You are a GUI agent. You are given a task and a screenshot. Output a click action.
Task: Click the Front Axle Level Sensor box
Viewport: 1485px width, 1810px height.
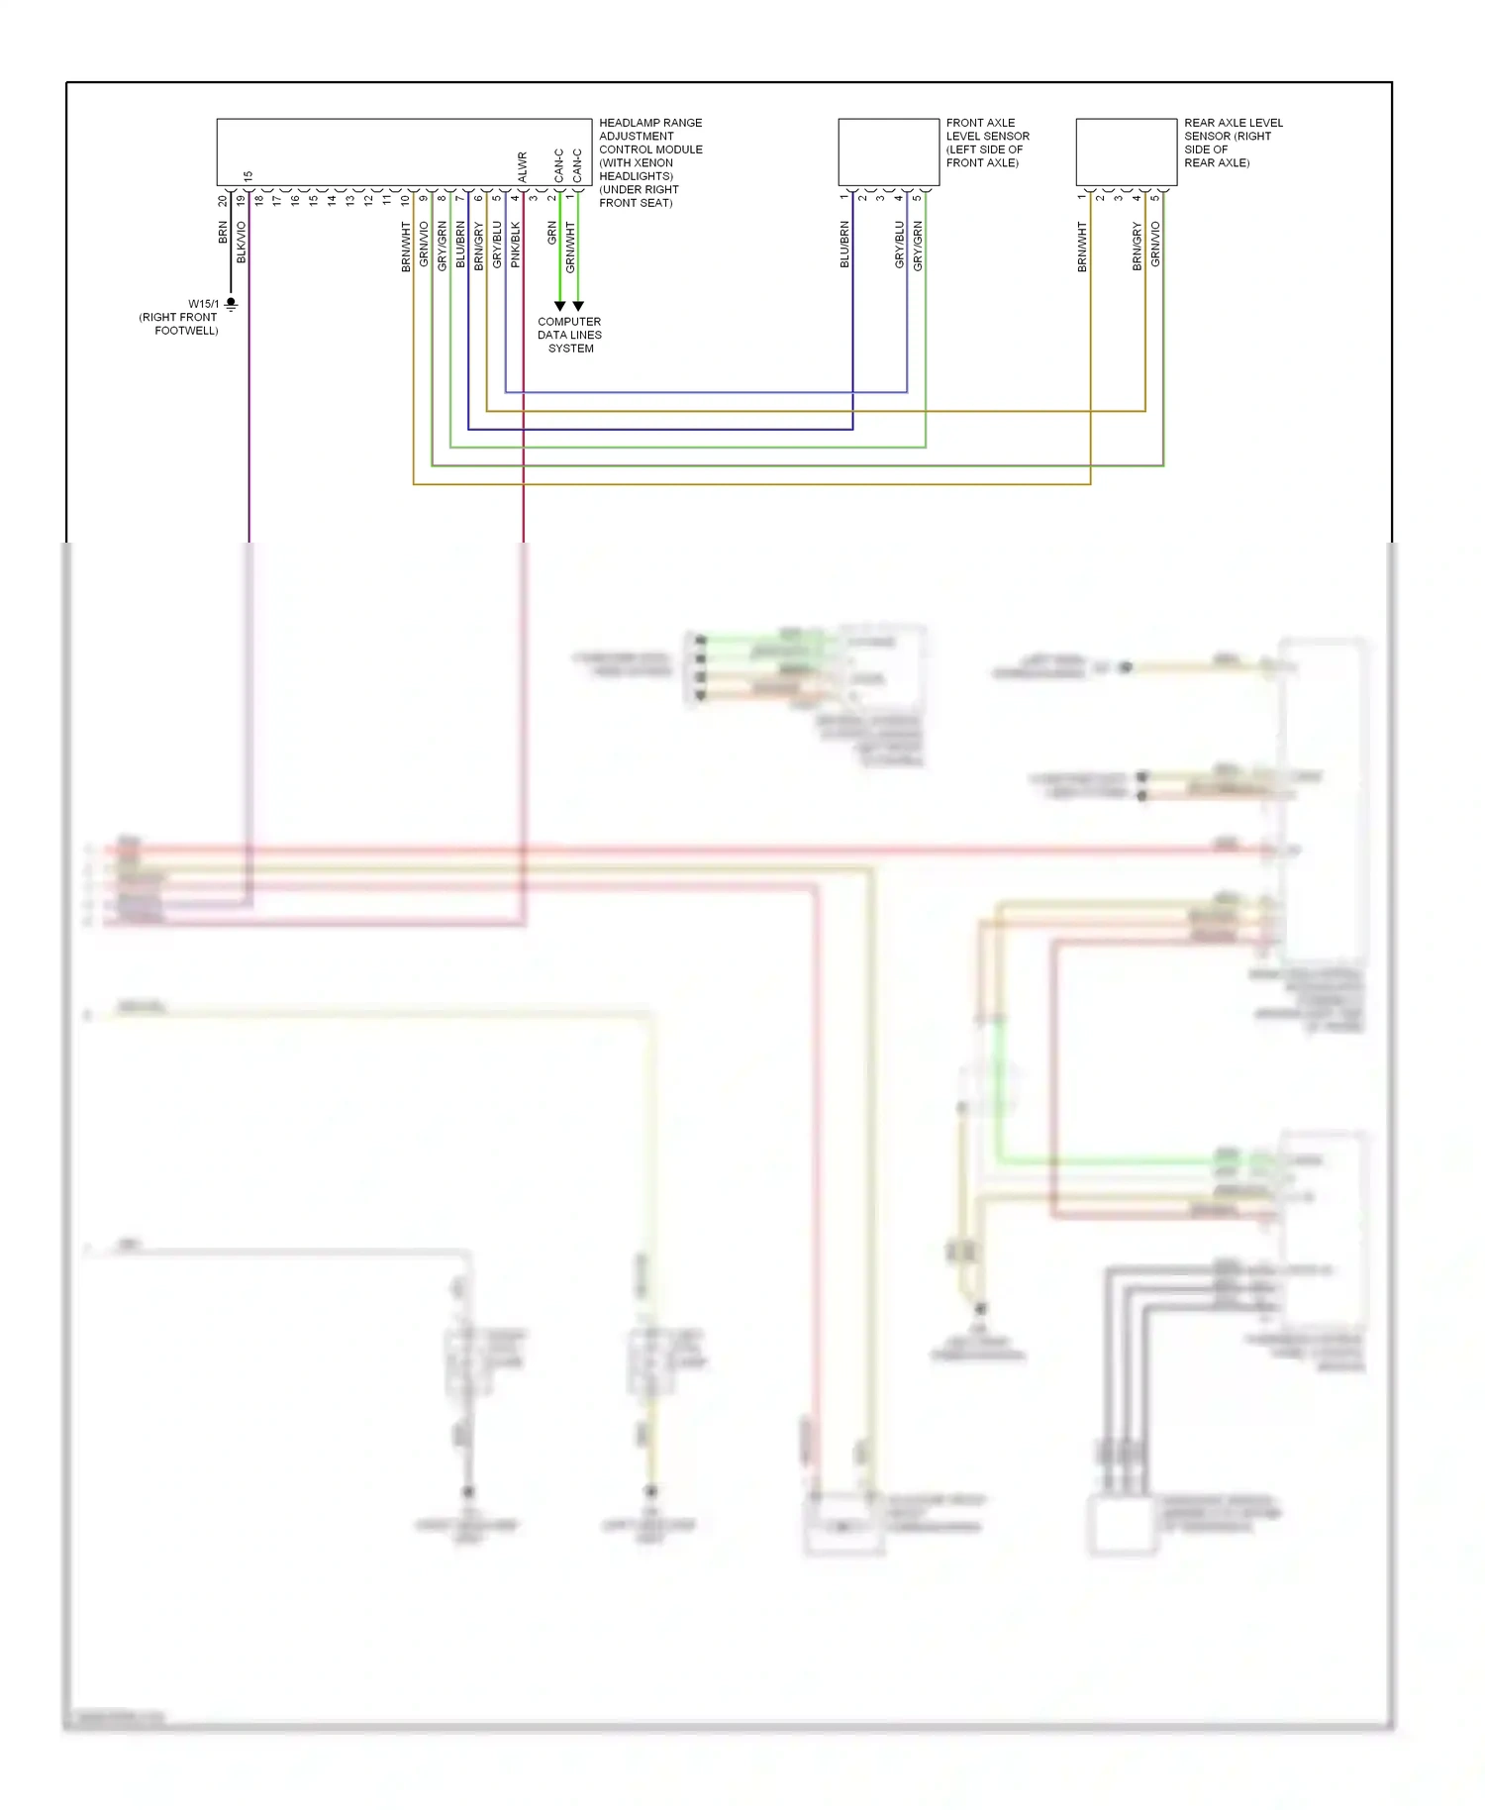pyautogui.click(x=888, y=151)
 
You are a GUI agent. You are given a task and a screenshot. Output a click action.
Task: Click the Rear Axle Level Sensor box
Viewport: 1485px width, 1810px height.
pyautogui.click(x=1126, y=151)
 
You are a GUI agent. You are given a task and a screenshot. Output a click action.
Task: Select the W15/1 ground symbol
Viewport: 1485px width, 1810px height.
pyautogui.click(x=231, y=304)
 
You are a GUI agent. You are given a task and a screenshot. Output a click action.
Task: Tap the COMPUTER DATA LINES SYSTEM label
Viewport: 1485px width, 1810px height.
pyautogui.click(x=569, y=335)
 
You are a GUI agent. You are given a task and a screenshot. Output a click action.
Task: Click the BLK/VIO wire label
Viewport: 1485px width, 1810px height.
pyautogui.click(x=242, y=242)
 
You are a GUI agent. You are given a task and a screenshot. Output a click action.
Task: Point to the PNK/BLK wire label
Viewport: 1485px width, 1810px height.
pyautogui.click(x=515, y=244)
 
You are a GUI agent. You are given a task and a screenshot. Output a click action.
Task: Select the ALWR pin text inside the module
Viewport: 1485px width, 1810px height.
pyautogui.click(x=522, y=166)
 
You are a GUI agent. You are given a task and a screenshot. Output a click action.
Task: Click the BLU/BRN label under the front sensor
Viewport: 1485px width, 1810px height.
pyautogui.click(x=844, y=244)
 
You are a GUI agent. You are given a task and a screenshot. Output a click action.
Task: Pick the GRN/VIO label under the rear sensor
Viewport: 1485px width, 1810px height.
pyautogui.click(x=1155, y=244)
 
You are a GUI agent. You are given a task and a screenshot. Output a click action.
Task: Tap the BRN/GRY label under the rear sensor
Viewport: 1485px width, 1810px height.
pyautogui.click(x=1138, y=246)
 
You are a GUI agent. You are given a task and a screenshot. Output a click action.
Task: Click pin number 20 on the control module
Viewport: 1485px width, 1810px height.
pyautogui.click(x=223, y=200)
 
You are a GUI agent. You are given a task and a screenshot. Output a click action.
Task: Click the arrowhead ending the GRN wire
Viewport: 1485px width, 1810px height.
pyautogui.click(x=559, y=306)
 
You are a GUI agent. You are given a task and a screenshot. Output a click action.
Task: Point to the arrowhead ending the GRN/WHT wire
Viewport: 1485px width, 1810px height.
pyautogui.click(x=578, y=306)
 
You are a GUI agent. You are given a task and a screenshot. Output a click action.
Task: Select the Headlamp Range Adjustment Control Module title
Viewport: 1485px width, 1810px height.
pyautogui.click(x=649, y=162)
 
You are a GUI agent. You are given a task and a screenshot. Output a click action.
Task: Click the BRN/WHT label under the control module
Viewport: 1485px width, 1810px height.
pyautogui.click(x=406, y=247)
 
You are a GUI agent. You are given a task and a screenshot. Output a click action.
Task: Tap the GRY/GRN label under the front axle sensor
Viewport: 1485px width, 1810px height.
pyautogui.click(x=918, y=246)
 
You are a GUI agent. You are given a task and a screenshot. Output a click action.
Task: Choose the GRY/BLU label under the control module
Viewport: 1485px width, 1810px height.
pyautogui.click(x=497, y=244)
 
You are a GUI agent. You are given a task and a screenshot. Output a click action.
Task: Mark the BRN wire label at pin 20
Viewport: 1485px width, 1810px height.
pyautogui.click(x=223, y=233)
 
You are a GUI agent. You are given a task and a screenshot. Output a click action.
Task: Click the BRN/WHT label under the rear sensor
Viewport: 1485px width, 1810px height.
pyautogui.click(x=1082, y=247)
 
